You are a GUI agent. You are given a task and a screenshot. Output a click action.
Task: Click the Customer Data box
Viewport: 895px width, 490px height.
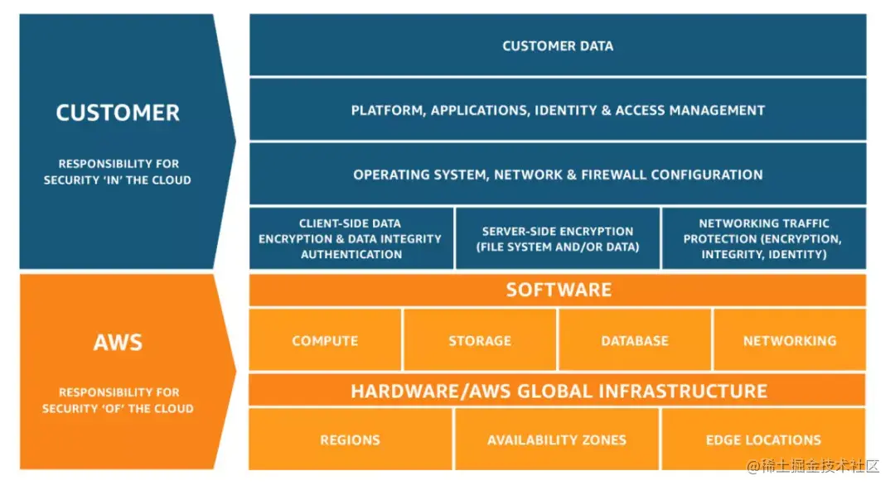(x=558, y=46)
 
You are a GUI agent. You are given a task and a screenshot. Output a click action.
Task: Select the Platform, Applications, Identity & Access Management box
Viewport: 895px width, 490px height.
(x=558, y=110)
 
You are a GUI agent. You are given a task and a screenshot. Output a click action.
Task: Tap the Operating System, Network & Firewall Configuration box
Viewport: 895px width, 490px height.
(x=558, y=175)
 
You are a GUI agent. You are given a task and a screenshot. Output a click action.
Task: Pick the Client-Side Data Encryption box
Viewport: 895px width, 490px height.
(x=351, y=238)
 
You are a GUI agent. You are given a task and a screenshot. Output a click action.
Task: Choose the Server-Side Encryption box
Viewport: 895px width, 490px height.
(x=558, y=238)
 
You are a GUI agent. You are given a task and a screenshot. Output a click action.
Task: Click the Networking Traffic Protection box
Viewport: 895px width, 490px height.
(x=763, y=238)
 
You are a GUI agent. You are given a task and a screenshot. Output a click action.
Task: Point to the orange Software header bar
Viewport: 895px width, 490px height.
(x=558, y=290)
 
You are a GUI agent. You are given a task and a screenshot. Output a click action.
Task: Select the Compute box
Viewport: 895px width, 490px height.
(x=325, y=340)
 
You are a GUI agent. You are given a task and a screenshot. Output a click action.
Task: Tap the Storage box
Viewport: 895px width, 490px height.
(x=480, y=340)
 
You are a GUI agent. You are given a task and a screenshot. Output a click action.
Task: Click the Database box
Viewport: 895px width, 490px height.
(x=635, y=340)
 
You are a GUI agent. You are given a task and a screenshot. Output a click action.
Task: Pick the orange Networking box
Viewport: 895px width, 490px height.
(x=789, y=340)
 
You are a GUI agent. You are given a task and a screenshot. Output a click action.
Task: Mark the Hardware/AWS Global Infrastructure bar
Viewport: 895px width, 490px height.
(x=558, y=391)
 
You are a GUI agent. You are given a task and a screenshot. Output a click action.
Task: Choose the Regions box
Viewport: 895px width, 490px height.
(x=351, y=440)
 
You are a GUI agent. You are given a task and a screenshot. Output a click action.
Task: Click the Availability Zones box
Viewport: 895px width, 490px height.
(x=557, y=440)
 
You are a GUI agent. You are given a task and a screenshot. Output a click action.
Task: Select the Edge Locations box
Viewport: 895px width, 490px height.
(x=763, y=440)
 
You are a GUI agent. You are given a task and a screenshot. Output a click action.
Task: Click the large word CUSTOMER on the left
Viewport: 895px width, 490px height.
(x=118, y=113)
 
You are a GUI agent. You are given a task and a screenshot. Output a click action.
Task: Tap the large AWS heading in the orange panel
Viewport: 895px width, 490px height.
(x=118, y=342)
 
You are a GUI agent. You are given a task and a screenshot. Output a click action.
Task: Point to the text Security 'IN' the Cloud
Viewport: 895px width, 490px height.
(x=118, y=180)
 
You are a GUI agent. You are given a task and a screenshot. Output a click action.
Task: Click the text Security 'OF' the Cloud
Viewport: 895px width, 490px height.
(x=118, y=408)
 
